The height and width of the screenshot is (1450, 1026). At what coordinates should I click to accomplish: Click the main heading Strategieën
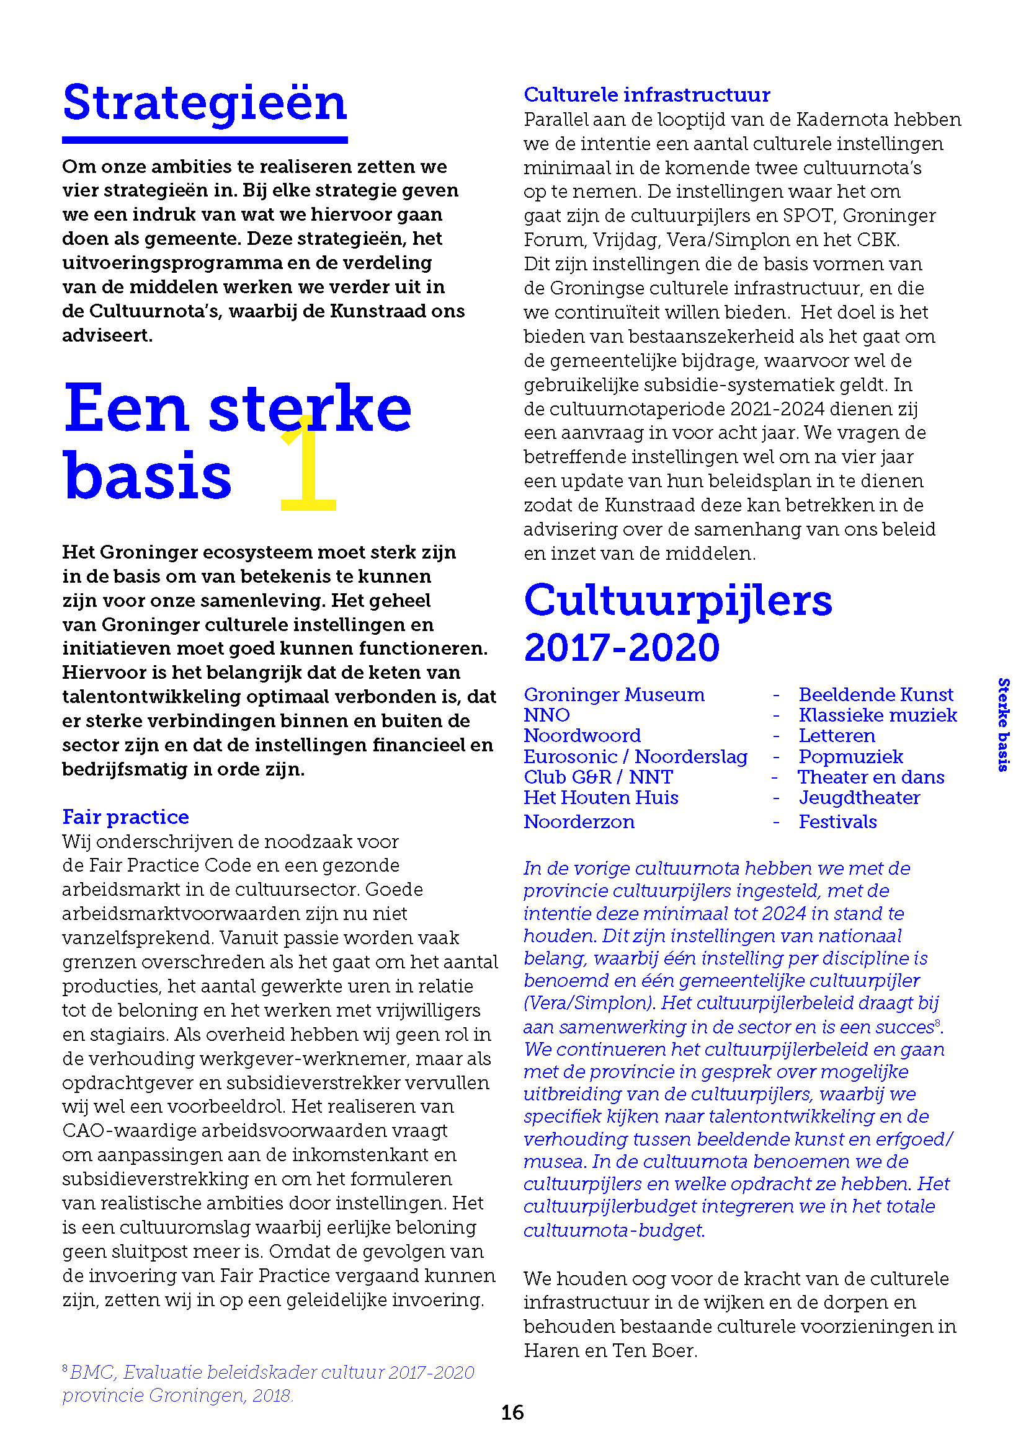point(205,104)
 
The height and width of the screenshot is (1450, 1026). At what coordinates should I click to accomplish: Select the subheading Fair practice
point(125,816)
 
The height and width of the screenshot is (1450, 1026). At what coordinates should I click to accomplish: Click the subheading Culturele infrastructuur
point(646,95)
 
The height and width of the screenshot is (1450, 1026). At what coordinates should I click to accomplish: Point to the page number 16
point(512,1412)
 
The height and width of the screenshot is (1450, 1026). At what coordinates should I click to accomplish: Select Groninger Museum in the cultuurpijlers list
point(613,695)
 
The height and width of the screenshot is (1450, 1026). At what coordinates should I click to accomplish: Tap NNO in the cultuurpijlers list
point(546,715)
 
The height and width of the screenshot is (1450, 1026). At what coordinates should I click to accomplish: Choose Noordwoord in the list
point(582,736)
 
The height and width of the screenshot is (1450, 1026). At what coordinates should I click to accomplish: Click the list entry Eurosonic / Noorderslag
point(635,756)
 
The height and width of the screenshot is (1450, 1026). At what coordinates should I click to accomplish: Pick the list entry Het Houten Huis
point(600,798)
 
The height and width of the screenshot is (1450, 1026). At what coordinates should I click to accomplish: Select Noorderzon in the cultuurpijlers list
point(579,821)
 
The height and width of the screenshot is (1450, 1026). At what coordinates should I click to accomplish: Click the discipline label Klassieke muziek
point(878,715)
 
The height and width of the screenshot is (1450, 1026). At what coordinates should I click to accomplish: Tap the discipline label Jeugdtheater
point(859,798)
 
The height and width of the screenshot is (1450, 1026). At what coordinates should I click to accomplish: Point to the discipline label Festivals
point(837,821)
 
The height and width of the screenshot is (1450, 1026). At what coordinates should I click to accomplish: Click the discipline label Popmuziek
point(851,756)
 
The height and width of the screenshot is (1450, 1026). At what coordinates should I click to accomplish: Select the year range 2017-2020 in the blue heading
point(622,648)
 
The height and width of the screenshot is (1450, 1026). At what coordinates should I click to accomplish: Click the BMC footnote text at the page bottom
point(268,1384)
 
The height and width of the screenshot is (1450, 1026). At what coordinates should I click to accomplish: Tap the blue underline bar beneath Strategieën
point(205,140)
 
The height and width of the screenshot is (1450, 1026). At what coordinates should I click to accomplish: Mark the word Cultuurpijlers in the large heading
point(678,600)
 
